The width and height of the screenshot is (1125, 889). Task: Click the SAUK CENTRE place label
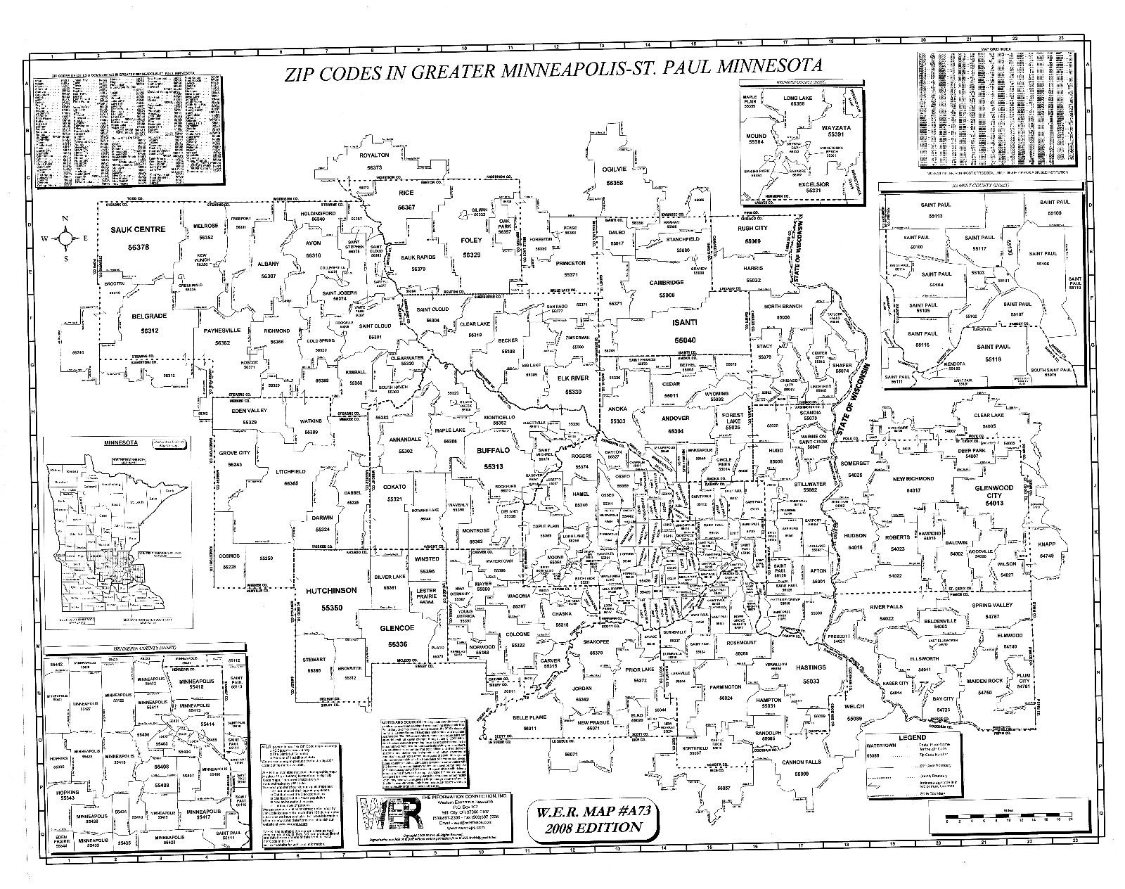pos(139,229)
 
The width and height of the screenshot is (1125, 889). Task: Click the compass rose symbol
pos(65,238)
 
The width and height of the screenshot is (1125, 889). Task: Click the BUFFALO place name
pos(491,451)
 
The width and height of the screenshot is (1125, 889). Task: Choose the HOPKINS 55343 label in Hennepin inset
pos(68,793)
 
